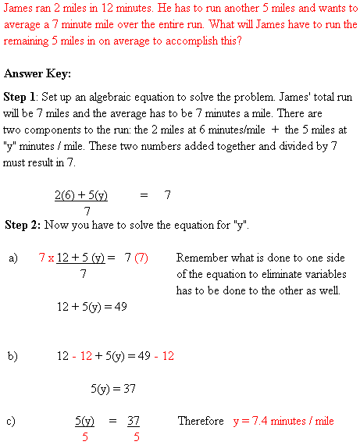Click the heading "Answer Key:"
[x=37, y=74]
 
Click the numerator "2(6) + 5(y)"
[x=80, y=195]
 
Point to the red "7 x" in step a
[x=46, y=258]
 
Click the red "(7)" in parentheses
[x=141, y=258]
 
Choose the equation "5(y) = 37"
[x=113, y=387]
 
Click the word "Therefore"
[x=201, y=421]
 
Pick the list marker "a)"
[x=13, y=258]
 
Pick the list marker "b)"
[x=13, y=356]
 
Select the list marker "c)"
[x=12, y=422]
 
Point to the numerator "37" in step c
[x=133, y=421]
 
